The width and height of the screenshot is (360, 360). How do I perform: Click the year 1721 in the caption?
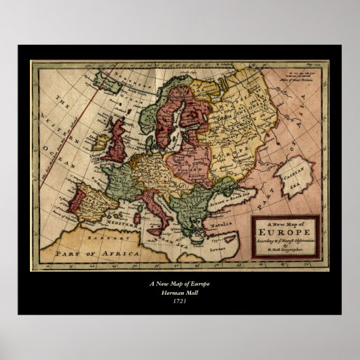pyautogui.click(x=179, y=301)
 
